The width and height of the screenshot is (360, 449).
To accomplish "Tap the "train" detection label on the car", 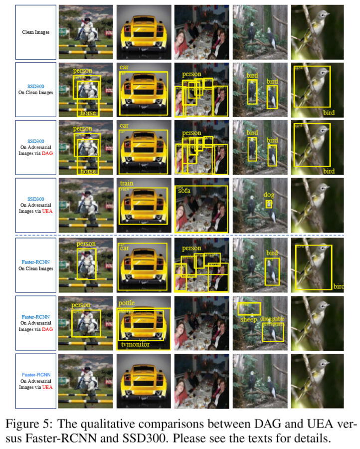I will pyautogui.click(x=126, y=184).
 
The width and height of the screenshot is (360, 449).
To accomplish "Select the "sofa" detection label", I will pyautogui.click(x=184, y=191).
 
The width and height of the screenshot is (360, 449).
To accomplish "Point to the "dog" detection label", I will pyautogui.click(x=269, y=196).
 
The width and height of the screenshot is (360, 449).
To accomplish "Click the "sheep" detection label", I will pyautogui.click(x=248, y=320).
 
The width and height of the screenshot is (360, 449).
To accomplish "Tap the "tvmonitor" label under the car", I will pyautogui.click(x=135, y=344).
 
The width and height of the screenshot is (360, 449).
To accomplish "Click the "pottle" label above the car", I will pyautogui.click(x=127, y=303).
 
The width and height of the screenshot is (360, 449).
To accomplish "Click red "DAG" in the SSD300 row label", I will pyautogui.click(x=47, y=153).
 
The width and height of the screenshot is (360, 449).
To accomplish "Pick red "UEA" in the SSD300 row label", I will pyautogui.click(x=47, y=212).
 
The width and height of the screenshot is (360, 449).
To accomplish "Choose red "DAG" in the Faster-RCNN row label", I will pyautogui.click(x=47, y=329).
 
